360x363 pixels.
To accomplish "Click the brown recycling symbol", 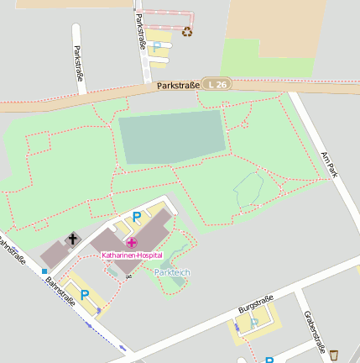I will coord(187,32).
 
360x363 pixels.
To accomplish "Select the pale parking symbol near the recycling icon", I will coord(155,46).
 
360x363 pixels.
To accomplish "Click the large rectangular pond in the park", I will coord(172,137).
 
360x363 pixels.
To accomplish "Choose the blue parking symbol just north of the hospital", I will coord(137,217).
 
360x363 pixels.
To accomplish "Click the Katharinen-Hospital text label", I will coord(132,255).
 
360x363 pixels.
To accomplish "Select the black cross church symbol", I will coord(73,239).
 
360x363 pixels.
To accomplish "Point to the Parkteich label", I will coord(172,272).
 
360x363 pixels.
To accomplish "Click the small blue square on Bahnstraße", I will coord(44,271).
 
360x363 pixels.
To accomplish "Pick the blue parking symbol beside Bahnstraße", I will coord(84,293).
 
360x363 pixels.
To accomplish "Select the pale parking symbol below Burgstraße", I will coord(253,323).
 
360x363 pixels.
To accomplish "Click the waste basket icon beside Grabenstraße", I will coord(334,354).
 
